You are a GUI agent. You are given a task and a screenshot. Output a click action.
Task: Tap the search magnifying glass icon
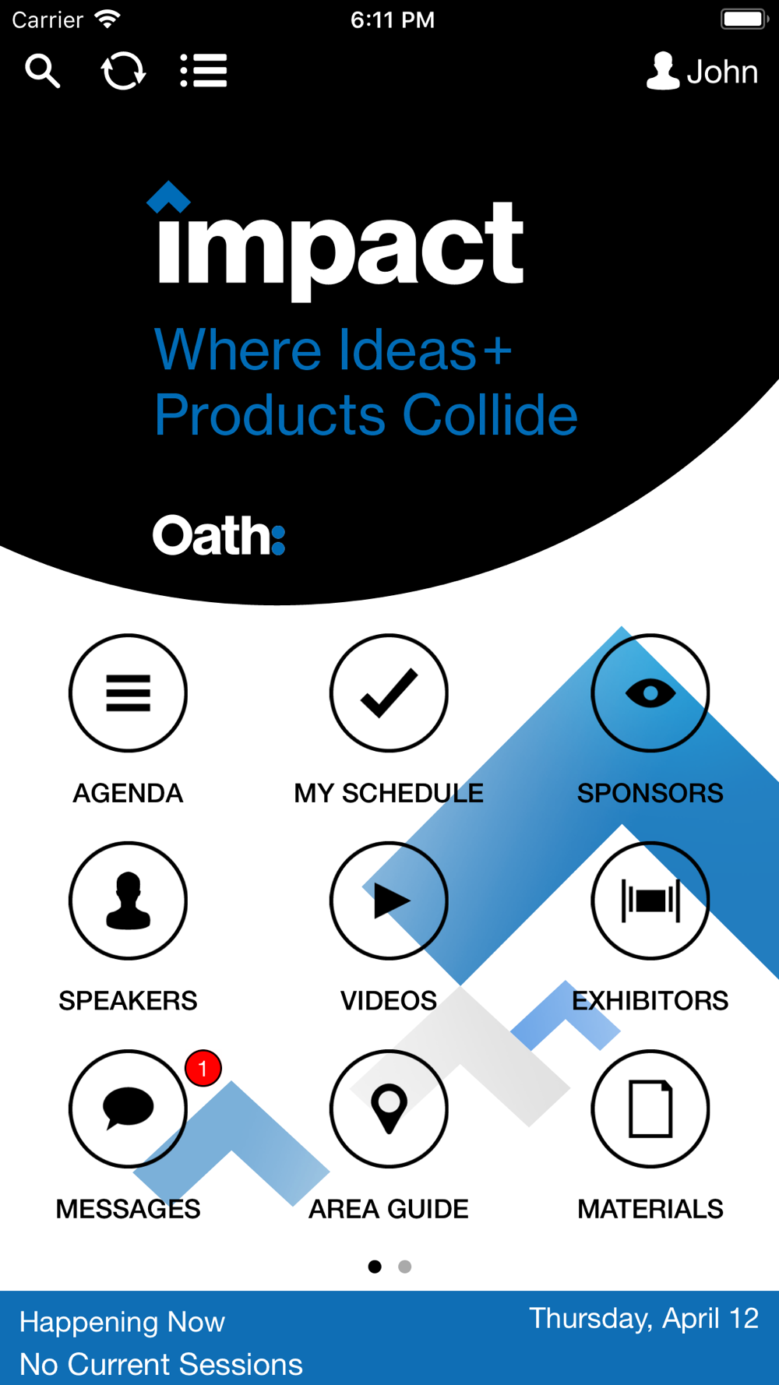[x=42, y=71]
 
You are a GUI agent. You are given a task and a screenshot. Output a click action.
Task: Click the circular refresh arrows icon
[x=123, y=71]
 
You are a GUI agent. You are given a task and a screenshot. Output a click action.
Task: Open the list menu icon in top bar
[x=203, y=71]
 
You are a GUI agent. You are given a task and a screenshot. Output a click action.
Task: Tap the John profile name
[x=722, y=72]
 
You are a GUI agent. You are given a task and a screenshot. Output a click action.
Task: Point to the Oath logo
[x=219, y=535]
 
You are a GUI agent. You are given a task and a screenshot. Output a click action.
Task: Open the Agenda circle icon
[x=128, y=692]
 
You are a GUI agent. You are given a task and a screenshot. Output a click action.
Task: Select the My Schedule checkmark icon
[x=389, y=692]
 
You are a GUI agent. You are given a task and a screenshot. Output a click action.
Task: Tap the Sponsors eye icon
[x=650, y=692]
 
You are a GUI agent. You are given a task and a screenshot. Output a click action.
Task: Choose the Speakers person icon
[x=128, y=900]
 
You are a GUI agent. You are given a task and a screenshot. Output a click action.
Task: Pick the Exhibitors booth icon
[x=650, y=900]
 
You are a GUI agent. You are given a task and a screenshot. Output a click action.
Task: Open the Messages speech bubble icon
[x=128, y=1108]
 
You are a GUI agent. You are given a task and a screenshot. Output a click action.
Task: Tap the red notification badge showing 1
[x=203, y=1068]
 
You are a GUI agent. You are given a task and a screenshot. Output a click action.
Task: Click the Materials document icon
[x=650, y=1108]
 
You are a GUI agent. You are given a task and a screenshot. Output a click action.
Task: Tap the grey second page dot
[x=404, y=1267]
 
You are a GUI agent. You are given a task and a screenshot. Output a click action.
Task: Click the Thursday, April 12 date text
[x=643, y=1319]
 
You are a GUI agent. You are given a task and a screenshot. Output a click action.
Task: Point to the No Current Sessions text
[x=161, y=1364]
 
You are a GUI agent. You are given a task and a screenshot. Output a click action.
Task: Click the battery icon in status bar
[x=744, y=19]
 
